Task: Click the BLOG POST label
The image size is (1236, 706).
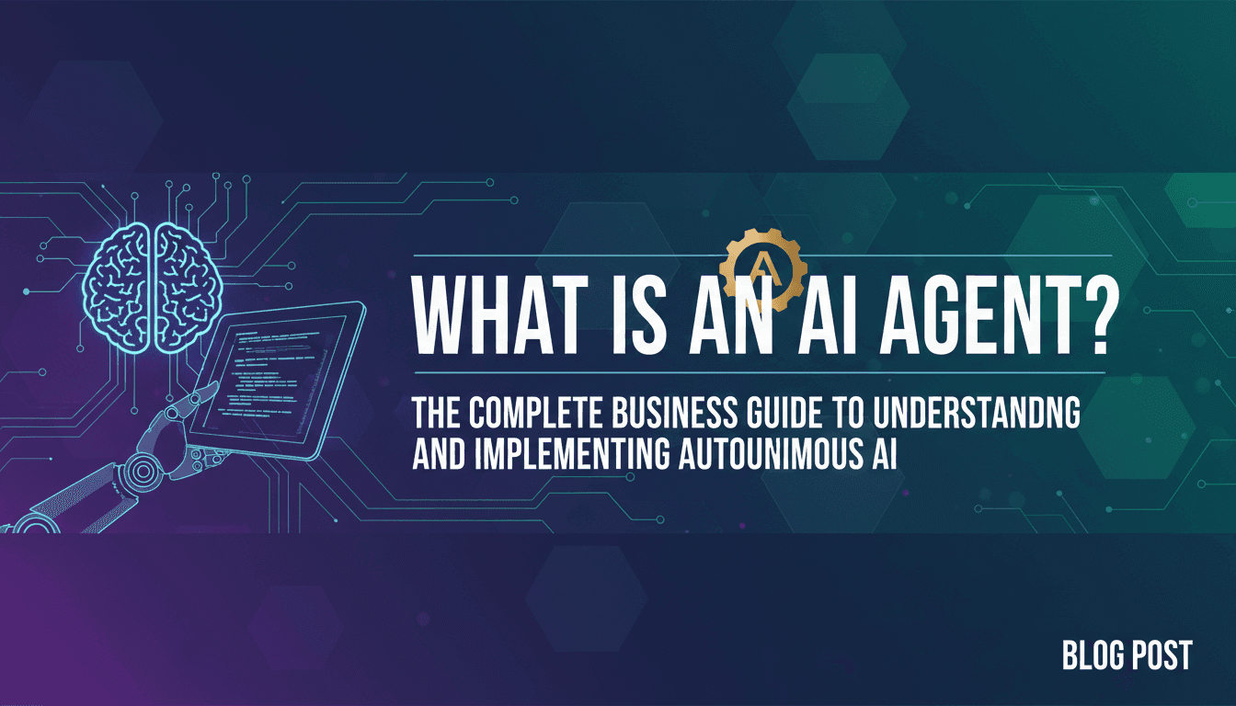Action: click(x=1127, y=655)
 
